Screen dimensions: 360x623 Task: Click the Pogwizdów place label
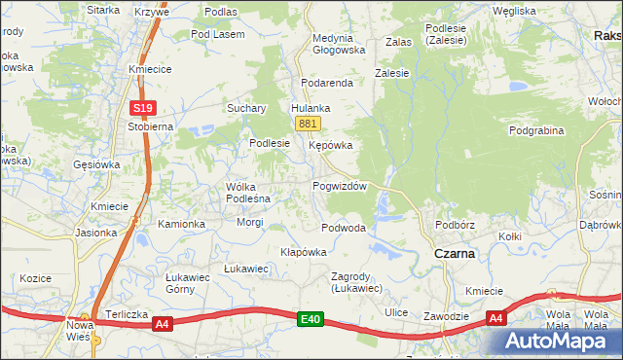pos(339,186)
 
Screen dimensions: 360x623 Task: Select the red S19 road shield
pos(142,108)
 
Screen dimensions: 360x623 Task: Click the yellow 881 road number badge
pos(308,124)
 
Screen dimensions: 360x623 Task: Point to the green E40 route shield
pos(311,319)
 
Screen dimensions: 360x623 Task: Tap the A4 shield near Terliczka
pos(162,324)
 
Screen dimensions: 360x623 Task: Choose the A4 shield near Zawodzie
pos(495,318)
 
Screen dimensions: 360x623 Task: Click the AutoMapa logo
pos(559,342)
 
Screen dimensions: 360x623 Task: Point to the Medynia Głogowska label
pos(339,45)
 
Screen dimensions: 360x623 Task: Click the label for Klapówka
pos(304,252)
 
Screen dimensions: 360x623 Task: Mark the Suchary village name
pos(247,108)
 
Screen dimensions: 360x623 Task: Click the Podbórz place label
pos(455,225)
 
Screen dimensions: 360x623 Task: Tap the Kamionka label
pos(182,224)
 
